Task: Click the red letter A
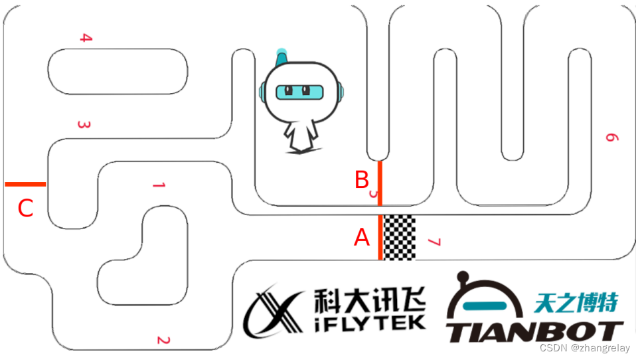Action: click(362, 237)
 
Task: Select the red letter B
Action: click(362, 179)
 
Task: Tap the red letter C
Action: click(25, 209)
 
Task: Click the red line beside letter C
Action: click(25, 184)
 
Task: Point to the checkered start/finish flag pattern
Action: click(400, 237)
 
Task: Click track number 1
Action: click(158, 185)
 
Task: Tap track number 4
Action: click(85, 38)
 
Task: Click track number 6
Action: click(611, 137)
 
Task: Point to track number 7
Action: click(434, 242)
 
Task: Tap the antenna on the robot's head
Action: click(281, 56)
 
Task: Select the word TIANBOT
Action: click(534, 331)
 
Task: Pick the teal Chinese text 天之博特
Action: click(576, 303)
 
